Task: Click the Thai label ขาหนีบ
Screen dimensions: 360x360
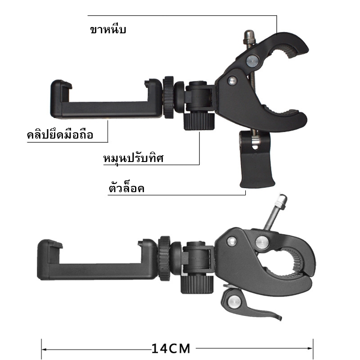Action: tap(108, 30)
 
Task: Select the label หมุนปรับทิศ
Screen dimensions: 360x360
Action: tap(133, 158)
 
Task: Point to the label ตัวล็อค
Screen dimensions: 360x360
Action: tap(126, 188)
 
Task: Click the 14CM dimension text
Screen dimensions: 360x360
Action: tap(171, 348)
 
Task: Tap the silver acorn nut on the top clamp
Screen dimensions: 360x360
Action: tap(250, 37)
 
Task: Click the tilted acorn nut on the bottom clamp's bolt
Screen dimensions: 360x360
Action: tap(281, 201)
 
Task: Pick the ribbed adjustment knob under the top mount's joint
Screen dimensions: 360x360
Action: tap(199, 121)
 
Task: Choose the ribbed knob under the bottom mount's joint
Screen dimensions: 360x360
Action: tap(197, 284)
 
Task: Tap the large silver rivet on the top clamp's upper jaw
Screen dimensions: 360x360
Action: tap(253, 61)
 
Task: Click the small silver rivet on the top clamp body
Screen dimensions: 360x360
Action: tap(232, 81)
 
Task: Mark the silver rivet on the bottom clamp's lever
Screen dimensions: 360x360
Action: tap(234, 301)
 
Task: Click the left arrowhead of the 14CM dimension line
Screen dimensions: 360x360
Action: tap(44, 350)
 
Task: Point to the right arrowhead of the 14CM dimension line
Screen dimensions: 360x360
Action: tap(310, 348)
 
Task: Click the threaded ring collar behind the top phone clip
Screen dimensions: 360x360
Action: tap(168, 97)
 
